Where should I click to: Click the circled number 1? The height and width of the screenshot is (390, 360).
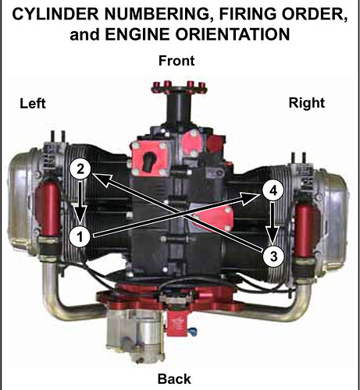click(80, 237)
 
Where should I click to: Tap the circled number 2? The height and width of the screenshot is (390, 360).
click(80, 169)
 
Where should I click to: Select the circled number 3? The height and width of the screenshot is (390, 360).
click(273, 257)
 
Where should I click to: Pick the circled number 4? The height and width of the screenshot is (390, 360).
click(273, 191)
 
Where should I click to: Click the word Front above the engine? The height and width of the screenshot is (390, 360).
click(176, 61)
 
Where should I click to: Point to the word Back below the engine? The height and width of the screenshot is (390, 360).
click(174, 379)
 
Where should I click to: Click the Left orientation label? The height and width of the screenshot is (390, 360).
click(33, 103)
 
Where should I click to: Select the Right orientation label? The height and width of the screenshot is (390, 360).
click(307, 103)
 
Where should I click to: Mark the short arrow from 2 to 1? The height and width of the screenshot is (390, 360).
click(81, 203)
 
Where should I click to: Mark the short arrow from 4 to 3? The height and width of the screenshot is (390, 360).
click(273, 224)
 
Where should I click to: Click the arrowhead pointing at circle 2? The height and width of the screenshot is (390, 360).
click(103, 179)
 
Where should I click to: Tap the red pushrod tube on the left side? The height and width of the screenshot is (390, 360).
click(48, 210)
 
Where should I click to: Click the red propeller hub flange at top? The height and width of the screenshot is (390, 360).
click(179, 87)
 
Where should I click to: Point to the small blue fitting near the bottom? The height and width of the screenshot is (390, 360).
click(192, 331)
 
